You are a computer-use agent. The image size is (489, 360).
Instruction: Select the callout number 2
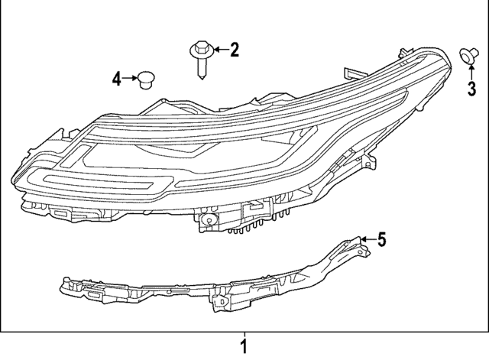coord(235,51)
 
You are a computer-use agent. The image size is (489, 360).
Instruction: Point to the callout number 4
coord(116,78)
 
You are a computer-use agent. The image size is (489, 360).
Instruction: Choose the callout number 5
coord(381,240)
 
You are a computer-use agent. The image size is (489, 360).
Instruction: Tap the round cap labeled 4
coord(144,78)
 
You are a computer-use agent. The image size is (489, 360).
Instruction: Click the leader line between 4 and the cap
coord(128,78)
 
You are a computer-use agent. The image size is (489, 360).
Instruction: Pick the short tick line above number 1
coord(244,336)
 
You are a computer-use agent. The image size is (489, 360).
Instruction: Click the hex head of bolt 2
coord(199,51)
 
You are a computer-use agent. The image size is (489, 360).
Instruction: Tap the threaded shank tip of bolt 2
coord(201,74)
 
